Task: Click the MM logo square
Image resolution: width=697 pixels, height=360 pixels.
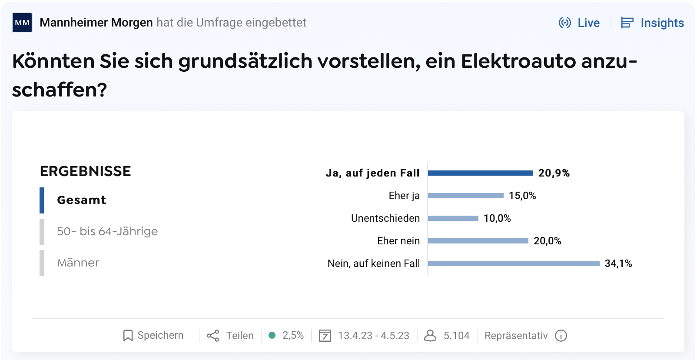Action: pos(22,23)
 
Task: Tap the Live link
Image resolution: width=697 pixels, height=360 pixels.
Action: pos(579,23)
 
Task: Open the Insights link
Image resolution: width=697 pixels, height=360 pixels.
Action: pos(653,23)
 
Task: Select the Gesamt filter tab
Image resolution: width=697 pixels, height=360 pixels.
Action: pos(82,200)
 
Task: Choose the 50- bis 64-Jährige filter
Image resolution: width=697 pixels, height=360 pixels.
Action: pos(107,231)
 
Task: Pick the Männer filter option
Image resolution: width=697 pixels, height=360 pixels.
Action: pos(78,263)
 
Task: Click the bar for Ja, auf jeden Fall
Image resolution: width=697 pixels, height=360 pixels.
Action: pos(480,173)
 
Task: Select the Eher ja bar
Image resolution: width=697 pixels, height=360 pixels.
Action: pos(465,196)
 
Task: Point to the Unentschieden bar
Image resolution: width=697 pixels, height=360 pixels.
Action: pos(453,218)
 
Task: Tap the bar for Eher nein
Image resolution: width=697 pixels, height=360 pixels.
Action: pos(478,241)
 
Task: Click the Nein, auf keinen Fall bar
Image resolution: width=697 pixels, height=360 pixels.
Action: pos(514,263)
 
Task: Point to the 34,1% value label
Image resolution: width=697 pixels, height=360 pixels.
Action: pos(618,263)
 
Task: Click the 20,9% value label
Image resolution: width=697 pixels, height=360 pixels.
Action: pos(554,173)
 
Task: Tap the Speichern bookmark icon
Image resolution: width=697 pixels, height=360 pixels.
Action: pos(128,336)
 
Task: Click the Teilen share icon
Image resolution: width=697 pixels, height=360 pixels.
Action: pos(213,336)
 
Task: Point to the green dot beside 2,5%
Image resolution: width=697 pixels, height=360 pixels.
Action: pos(272,335)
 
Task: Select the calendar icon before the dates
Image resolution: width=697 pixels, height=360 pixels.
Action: pos(325,336)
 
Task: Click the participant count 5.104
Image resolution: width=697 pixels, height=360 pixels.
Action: pos(456,336)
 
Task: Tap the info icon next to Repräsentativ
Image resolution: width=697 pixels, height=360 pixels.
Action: pos(561,336)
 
